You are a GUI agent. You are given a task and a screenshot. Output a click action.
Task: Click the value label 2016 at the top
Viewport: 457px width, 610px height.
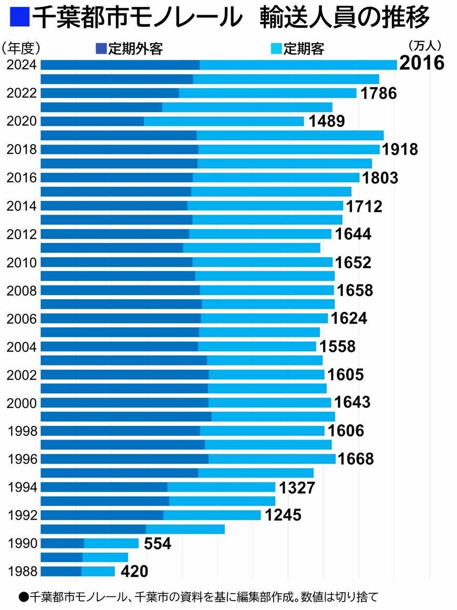pyautogui.click(x=422, y=63)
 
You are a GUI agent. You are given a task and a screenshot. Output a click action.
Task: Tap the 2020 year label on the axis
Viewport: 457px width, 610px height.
pyautogui.click(x=22, y=121)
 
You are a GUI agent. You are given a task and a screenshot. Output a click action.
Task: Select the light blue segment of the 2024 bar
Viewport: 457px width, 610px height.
pyautogui.click(x=298, y=65)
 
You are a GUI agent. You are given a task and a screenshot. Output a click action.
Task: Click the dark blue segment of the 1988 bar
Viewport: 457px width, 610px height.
pyautogui.click(x=61, y=572)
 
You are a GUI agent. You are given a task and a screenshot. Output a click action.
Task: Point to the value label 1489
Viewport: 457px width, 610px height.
pyautogui.click(x=326, y=121)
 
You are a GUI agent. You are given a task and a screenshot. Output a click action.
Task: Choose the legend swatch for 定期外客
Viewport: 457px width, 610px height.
pyautogui.click(x=101, y=49)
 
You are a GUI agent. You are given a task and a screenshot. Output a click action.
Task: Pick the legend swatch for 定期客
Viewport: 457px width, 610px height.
pyautogui.click(x=277, y=49)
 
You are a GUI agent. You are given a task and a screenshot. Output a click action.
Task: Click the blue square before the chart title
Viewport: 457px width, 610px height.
pyautogui.click(x=18, y=18)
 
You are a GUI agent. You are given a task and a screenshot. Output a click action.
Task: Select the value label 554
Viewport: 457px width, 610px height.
pyautogui.click(x=157, y=544)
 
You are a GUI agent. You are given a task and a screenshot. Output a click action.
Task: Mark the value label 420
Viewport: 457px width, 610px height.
pyautogui.click(x=134, y=572)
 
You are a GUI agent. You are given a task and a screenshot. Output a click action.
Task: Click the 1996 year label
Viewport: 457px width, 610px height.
pyautogui.click(x=22, y=459)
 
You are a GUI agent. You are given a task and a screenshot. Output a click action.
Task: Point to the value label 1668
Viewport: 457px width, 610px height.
pyautogui.click(x=356, y=459)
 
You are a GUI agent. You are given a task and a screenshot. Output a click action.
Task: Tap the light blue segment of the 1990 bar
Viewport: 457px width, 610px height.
pyautogui.click(x=111, y=543)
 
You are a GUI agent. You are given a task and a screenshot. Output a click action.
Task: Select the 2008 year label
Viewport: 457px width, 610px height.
pyautogui.click(x=22, y=290)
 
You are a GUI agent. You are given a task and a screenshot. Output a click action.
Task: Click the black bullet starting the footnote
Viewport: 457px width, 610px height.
pyautogui.click(x=23, y=597)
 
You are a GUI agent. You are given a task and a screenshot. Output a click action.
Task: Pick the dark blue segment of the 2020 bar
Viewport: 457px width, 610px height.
pyautogui.click(x=92, y=121)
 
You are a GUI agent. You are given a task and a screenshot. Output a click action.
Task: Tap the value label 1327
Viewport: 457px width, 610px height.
pyautogui.click(x=297, y=487)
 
